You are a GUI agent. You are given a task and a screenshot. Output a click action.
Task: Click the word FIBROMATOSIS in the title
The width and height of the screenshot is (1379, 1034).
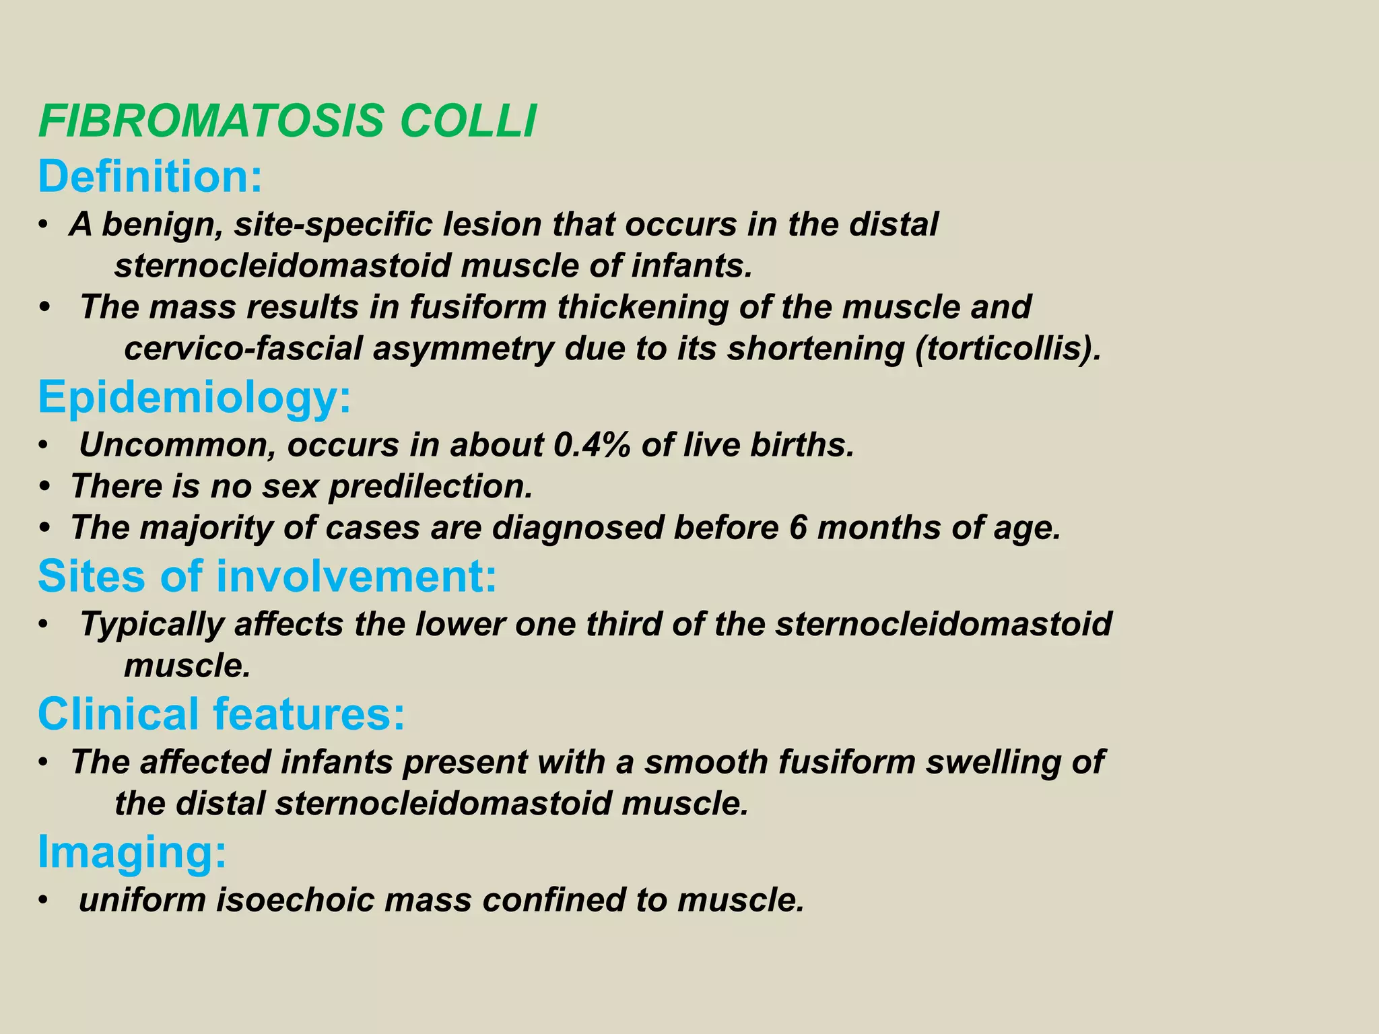211,122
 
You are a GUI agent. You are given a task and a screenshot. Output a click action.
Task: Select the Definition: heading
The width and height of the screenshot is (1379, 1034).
150,176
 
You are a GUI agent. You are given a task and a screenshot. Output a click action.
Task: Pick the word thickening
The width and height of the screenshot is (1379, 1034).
642,308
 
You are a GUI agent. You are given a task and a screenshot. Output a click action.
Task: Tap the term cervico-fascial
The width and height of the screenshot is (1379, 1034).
243,349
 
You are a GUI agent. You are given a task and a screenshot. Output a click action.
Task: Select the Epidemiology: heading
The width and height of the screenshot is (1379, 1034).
195,397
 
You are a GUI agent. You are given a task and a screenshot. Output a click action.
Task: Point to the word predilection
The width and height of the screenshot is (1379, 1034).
431,486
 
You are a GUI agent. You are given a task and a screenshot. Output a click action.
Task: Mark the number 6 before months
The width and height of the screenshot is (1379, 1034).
797,528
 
